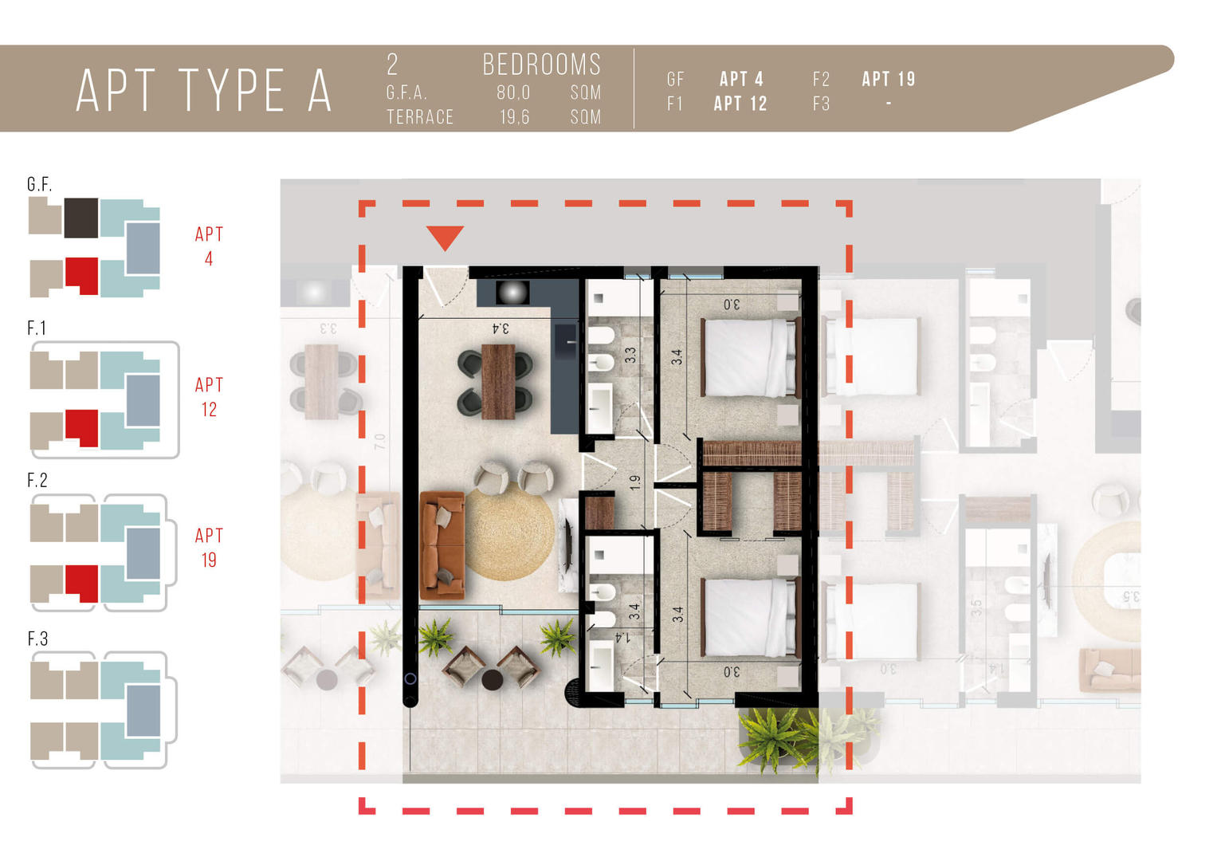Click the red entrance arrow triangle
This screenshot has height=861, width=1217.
click(445, 237)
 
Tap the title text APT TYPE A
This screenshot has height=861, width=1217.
click(204, 91)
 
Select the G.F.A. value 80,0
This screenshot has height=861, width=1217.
click(513, 93)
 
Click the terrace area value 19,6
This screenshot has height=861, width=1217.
click(514, 117)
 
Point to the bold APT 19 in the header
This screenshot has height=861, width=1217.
click(889, 80)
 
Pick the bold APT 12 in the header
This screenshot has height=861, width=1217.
click(740, 104)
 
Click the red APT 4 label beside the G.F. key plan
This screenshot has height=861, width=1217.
click(209, 246)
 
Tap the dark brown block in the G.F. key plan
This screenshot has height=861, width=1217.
click(81, 218)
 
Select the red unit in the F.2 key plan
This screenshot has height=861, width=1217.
click(82, 584)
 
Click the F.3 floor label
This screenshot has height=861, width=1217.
click(37, 639)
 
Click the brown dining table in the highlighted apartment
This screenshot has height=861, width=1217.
click(498, 382)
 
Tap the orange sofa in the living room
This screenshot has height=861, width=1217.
click(442, 545)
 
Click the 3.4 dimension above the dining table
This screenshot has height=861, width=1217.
click(501, 328)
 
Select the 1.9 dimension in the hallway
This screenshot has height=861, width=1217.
click(634, 482)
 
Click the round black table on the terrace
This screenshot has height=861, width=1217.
click(492, 680)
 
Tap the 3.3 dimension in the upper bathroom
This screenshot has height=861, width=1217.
click(630, 356)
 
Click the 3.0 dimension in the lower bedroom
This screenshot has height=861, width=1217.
click(732, 672)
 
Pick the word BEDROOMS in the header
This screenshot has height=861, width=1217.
click(542, 65)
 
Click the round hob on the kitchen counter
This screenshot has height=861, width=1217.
click(512, 293)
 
